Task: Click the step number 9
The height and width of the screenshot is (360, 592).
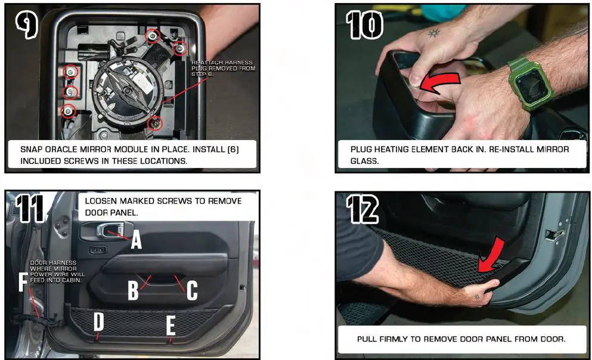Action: click(27, 24)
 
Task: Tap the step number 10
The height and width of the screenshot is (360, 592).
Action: click(365, 25)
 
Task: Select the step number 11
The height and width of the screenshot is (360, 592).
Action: click(30, 209)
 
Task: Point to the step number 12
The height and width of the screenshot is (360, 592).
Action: click(363, 209)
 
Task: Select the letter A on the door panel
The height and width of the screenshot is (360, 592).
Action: click(137, 240)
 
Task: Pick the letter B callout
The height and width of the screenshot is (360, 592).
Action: click(133, 290)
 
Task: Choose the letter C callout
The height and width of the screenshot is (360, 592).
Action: click(192, 291)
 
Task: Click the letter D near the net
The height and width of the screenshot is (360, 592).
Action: click(98, 321)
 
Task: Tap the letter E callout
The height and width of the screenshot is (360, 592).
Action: click(171, 325)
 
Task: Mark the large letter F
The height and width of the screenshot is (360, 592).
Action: click(23, 282)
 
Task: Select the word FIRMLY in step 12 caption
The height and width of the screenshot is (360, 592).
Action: click(394, 339)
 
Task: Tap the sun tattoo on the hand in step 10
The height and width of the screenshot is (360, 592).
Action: click(433, 33)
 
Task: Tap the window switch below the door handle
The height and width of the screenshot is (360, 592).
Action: click(97, 250)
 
